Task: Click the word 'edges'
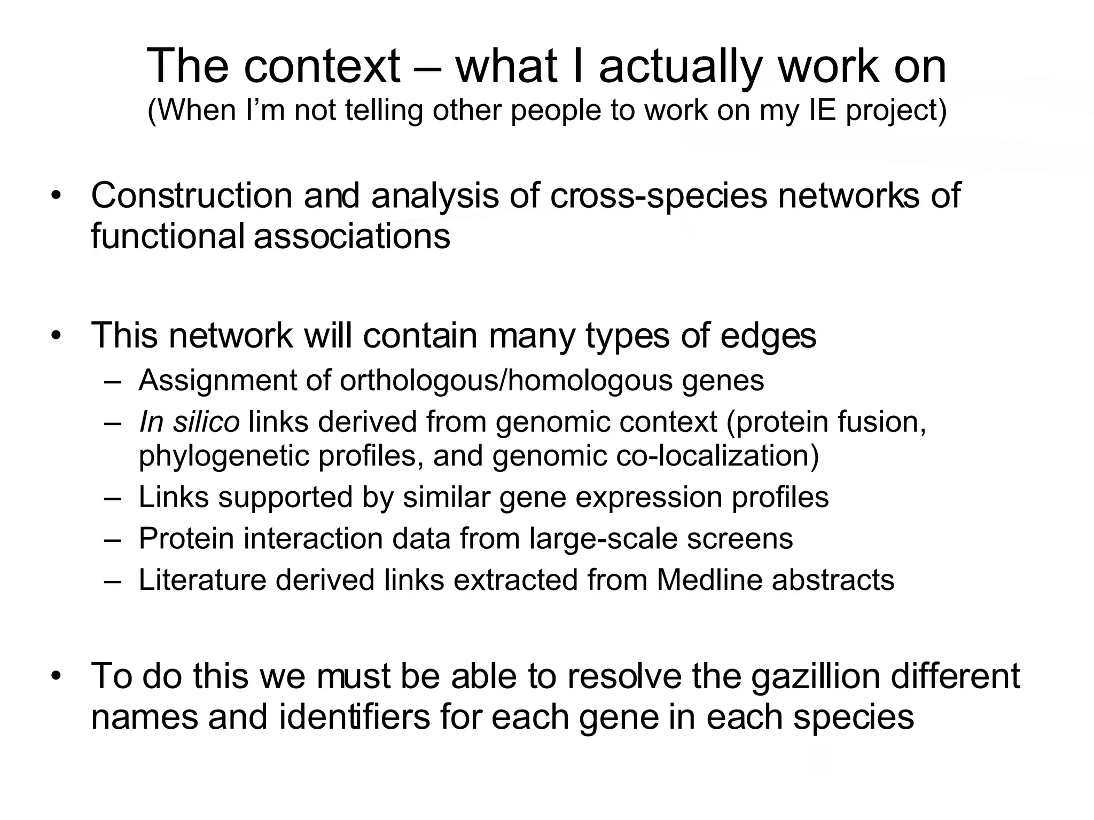(768, 336)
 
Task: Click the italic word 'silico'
(206, 422)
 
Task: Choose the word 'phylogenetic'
(224, 457)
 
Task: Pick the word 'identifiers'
(354, 717)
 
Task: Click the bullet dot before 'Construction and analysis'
(56, 196)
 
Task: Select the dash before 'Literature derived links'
(113, 580)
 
